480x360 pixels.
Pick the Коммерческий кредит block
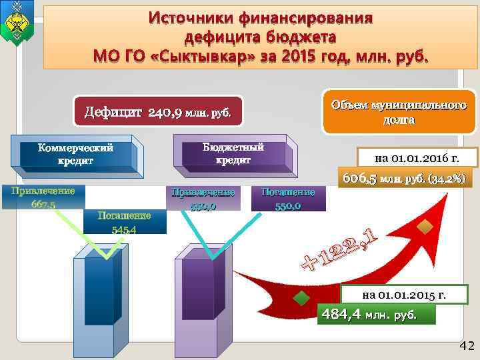tap(75, 154)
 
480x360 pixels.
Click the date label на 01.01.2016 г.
tap(417, 158)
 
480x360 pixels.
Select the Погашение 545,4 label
tap(124, 222)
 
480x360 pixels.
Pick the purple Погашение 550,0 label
tap(289, 199)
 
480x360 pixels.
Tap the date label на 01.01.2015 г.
tap(404, 294)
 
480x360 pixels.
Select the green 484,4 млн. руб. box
tap(378, 314)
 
